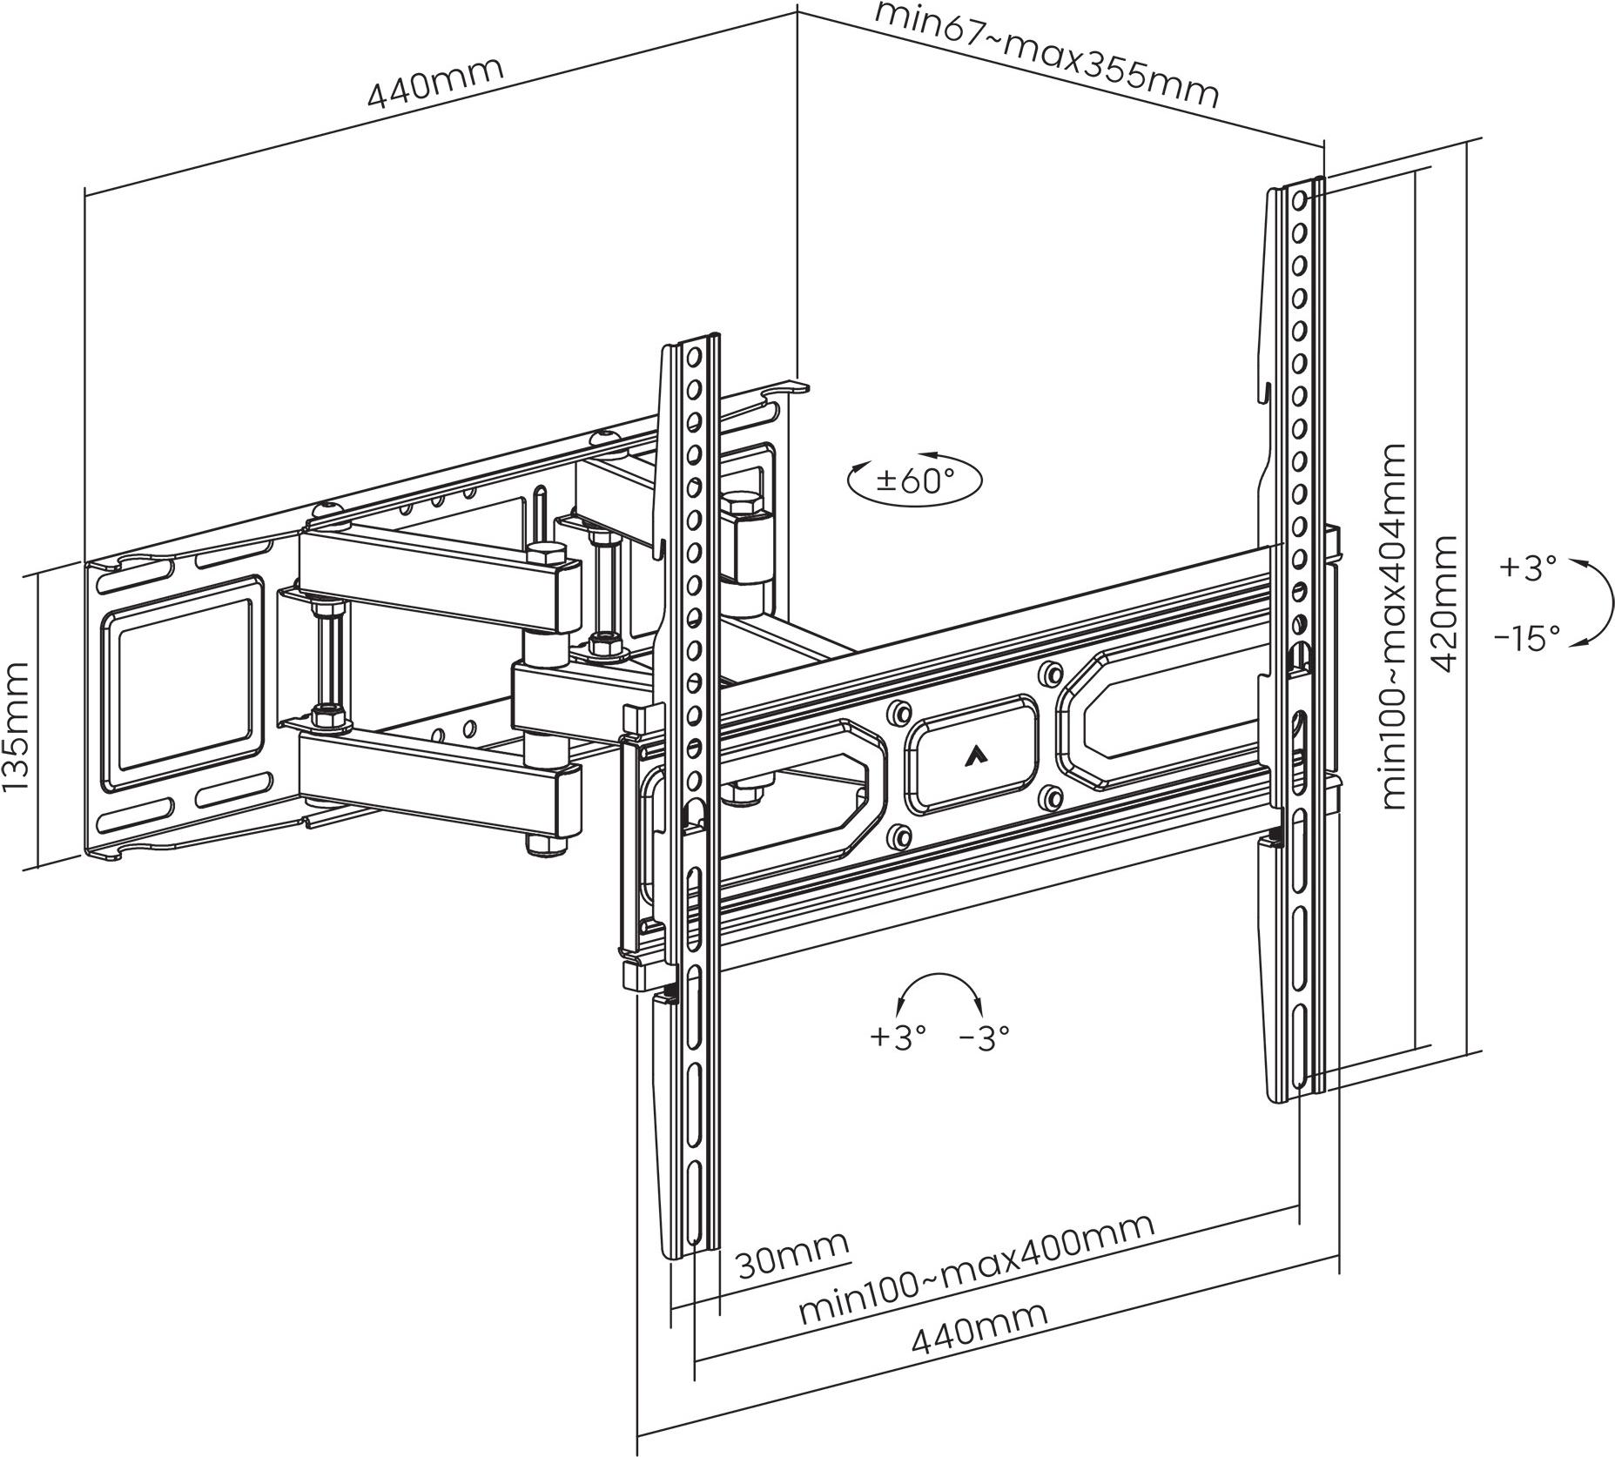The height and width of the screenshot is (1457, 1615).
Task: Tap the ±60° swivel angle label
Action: click(915, 480)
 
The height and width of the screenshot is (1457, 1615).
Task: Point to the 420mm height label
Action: click(1444, 603)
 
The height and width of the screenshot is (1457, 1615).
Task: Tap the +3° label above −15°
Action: click(1528, 567)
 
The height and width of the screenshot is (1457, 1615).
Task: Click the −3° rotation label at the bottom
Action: click(985, 1037)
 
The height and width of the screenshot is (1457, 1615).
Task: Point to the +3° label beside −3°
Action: click(898, 1037)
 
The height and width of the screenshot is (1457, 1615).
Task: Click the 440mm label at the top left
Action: click(435, 82)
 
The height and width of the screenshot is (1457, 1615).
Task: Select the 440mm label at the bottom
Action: click(979, 1353)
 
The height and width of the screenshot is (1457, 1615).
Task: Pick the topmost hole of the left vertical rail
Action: click(695, 357)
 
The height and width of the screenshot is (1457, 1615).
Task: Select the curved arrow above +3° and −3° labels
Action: click(941, 989)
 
